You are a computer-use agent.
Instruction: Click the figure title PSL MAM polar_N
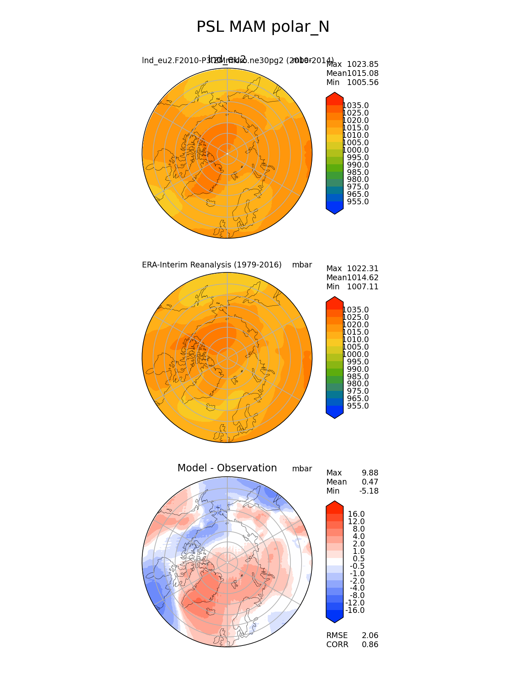263,27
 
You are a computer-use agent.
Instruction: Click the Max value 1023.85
363,64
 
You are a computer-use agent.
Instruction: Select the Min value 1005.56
363,83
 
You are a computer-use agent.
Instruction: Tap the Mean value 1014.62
363,278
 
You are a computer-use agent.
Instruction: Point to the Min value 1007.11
363,287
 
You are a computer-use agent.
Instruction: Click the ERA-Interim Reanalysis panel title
212,265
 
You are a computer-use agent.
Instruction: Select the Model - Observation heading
227,468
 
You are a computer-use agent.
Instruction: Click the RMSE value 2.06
370,636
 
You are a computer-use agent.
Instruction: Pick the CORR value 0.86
370,645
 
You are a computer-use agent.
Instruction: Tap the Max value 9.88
370,473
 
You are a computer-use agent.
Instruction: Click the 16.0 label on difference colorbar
356,514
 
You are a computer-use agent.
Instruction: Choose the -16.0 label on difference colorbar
355,610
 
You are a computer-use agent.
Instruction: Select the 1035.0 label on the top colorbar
356,106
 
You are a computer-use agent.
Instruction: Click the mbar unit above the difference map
302,469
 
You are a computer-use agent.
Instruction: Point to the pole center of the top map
227,154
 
